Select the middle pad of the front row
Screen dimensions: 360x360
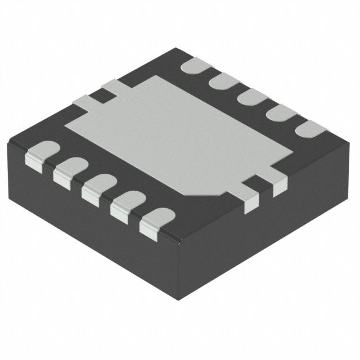click(100, 186)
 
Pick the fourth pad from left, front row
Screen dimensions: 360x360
click(128, 202)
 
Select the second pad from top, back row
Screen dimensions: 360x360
click(224, 81)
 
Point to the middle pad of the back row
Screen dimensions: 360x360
click(253, 97)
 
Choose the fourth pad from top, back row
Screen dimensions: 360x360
click(281, 112)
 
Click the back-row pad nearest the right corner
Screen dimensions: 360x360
click(310, 129)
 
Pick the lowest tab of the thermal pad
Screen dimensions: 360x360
click(251, 199)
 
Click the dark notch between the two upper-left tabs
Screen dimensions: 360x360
click(101, 96)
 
